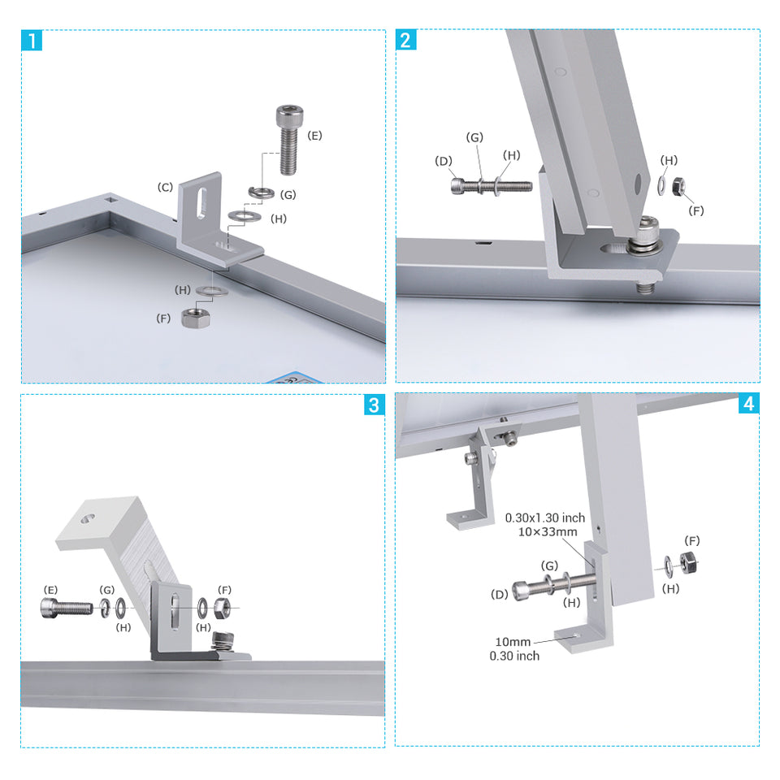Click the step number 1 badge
(x=31, y=40)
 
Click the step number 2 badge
(x=405, y=40)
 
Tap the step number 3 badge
(x=374, y=405)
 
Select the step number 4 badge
(x=748, y=405)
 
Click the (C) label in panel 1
(x=165, y=188)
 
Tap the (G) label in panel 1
(x=288, y=195)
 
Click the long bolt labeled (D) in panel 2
(x=492, y=186)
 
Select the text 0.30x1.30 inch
(x=545, y=518)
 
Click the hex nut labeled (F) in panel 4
(x=687, y=560)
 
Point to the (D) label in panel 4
(x=500, y=595)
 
